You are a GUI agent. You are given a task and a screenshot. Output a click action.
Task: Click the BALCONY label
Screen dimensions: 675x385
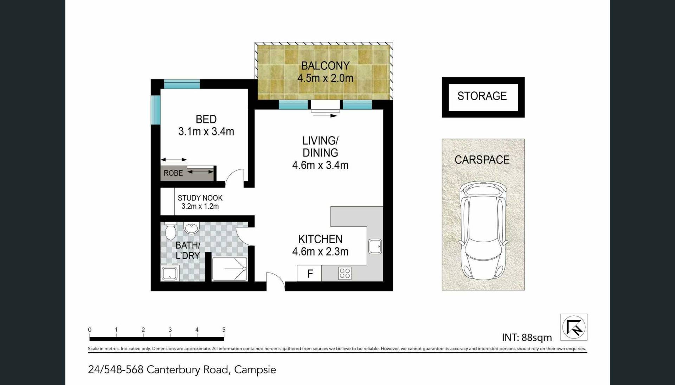(x=325, y=66)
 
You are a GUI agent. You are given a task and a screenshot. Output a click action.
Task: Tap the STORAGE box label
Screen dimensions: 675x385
(x=482, y=96)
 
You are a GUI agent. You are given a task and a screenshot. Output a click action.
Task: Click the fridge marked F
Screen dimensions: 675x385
(x=309, y=274)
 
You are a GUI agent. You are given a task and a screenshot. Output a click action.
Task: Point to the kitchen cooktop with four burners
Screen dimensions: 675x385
(x=345, y=273)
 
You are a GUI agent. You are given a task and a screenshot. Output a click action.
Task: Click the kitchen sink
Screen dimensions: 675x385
(x=375, y=246)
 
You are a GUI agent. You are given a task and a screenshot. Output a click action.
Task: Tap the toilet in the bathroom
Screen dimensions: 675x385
(x=171, y=230)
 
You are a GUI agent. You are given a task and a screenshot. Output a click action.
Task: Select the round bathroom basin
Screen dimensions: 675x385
(x=192, y=228)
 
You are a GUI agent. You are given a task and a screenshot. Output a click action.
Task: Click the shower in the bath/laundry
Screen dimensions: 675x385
(x=229, y=269)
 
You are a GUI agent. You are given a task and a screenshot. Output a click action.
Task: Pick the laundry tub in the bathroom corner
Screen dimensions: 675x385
(x=170, y=273)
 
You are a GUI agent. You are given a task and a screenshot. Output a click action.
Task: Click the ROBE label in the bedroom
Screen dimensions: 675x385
(x=173, y=173)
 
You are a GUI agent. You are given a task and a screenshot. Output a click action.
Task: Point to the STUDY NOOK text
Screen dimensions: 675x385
(x=200, y=198)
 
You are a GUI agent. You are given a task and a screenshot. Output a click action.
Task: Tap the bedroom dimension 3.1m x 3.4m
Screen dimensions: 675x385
(x=206, y=131)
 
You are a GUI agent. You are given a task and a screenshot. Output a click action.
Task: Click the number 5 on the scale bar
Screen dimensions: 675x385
(x=224, y=330)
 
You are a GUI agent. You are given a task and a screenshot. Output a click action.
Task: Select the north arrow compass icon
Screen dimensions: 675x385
(x=574, y=327)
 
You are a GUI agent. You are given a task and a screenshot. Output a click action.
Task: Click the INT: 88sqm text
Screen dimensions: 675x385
(x=527, y=338)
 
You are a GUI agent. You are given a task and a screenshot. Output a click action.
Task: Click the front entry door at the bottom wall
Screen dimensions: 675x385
(x=276, y=281)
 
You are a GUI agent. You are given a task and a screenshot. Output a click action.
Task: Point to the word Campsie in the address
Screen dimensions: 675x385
(x=255, y=370)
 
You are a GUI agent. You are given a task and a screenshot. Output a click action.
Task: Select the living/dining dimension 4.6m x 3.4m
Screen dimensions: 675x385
(x=320, y=165)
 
